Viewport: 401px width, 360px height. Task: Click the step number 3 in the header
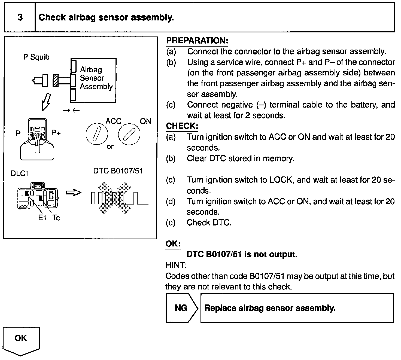(20, 17)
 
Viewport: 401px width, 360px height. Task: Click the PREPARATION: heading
(197, 41)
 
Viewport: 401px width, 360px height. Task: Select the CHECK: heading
(182, 126)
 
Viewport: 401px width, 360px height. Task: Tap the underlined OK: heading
(173, 243)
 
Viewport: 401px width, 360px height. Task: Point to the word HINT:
(176, 265)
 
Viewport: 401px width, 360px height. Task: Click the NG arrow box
(181, 308)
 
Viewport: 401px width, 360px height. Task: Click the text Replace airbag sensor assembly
(270, 308)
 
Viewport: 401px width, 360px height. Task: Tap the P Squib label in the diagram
(36, 57)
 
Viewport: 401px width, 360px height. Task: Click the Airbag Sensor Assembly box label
(96, 78)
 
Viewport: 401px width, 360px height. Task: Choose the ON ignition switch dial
(129, 134)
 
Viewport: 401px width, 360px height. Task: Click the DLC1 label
(20, 173)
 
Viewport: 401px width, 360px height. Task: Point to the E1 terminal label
(42, 218)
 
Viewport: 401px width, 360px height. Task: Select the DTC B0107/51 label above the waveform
(118, 171)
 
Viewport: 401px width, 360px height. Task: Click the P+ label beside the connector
(56, 133)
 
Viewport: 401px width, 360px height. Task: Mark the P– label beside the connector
(20, 133)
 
